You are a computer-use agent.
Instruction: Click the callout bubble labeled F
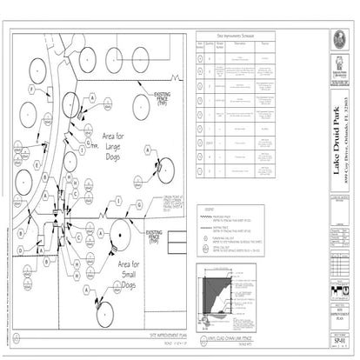click(31, 90)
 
